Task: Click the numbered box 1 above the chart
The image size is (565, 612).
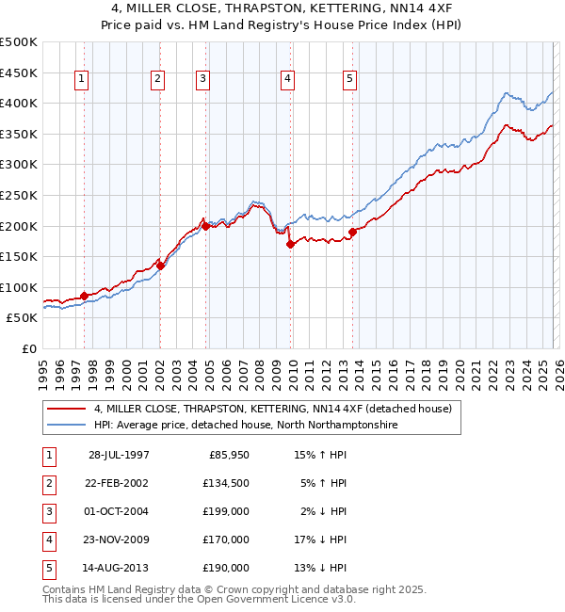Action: click(83, 80)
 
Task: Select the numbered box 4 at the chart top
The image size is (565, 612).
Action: click(286, 80)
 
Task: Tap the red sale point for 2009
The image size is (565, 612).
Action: click(291, 244)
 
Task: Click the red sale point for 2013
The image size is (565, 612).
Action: click(352, 232)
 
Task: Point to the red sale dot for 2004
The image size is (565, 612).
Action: click(205, 226)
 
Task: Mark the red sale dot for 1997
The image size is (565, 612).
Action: click(85, 296)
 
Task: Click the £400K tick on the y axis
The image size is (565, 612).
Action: click(19, 103)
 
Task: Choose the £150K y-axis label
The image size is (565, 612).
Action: click(19, 256)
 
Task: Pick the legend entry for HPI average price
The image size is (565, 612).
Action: click(246, 426)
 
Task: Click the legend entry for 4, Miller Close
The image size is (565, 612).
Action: click(273, 409)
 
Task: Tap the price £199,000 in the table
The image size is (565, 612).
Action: click(226, 511)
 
